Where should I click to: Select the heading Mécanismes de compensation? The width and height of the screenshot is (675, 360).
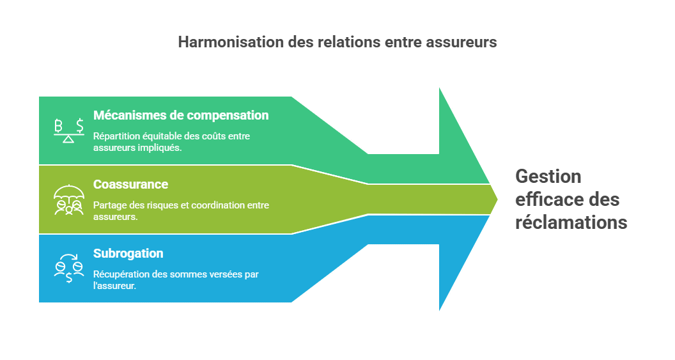[x=181, y=116]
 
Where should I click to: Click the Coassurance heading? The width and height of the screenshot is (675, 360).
[x=130, y=184]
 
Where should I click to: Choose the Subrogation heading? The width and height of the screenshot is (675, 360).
[x=128, y=253]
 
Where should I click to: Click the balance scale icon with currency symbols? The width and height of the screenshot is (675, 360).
[x=68, y=130]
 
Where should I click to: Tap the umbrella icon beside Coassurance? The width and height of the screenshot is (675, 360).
[x=68, y=200]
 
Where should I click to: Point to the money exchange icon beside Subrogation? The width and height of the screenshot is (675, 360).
[x=68, y=269]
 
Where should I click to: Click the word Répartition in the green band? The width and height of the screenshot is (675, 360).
[x=116, y=136]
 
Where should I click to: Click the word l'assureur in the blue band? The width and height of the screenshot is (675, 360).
[x=114, y=285]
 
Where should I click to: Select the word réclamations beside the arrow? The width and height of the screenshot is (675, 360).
[x=571, y=223]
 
